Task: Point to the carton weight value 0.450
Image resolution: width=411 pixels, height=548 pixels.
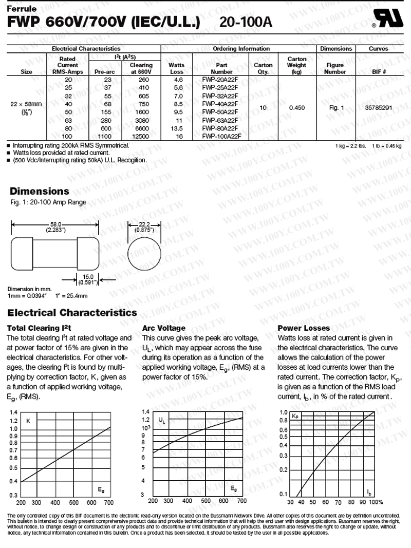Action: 297,108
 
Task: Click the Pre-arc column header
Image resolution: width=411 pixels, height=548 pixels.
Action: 104,72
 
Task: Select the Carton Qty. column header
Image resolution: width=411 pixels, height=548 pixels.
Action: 263,69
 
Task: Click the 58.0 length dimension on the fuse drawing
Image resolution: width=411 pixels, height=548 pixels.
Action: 54,224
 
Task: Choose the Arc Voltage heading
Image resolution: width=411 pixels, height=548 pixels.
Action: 163,328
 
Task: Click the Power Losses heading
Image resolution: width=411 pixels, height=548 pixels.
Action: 304,328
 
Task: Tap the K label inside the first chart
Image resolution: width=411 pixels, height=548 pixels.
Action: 28,421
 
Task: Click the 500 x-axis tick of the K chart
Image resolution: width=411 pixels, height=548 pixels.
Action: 74,503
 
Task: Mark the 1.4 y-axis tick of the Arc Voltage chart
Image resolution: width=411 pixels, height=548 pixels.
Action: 145,411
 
